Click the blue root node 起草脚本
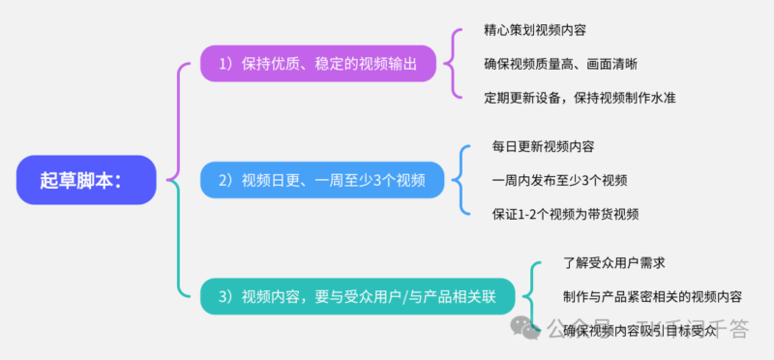[x=86, y=179]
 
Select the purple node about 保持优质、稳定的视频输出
[x=318, y=64]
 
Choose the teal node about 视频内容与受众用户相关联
[x=358, y=296]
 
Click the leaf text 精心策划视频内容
[x=531, y=31]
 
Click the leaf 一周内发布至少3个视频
[x=559, y=180]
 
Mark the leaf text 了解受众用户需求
[x=613, y=262]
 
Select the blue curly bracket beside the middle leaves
[x=461, y=180]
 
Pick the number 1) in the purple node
[x=225, y=64]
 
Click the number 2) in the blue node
[x=225, y=180]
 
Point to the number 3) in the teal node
[x=225, y=296]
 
